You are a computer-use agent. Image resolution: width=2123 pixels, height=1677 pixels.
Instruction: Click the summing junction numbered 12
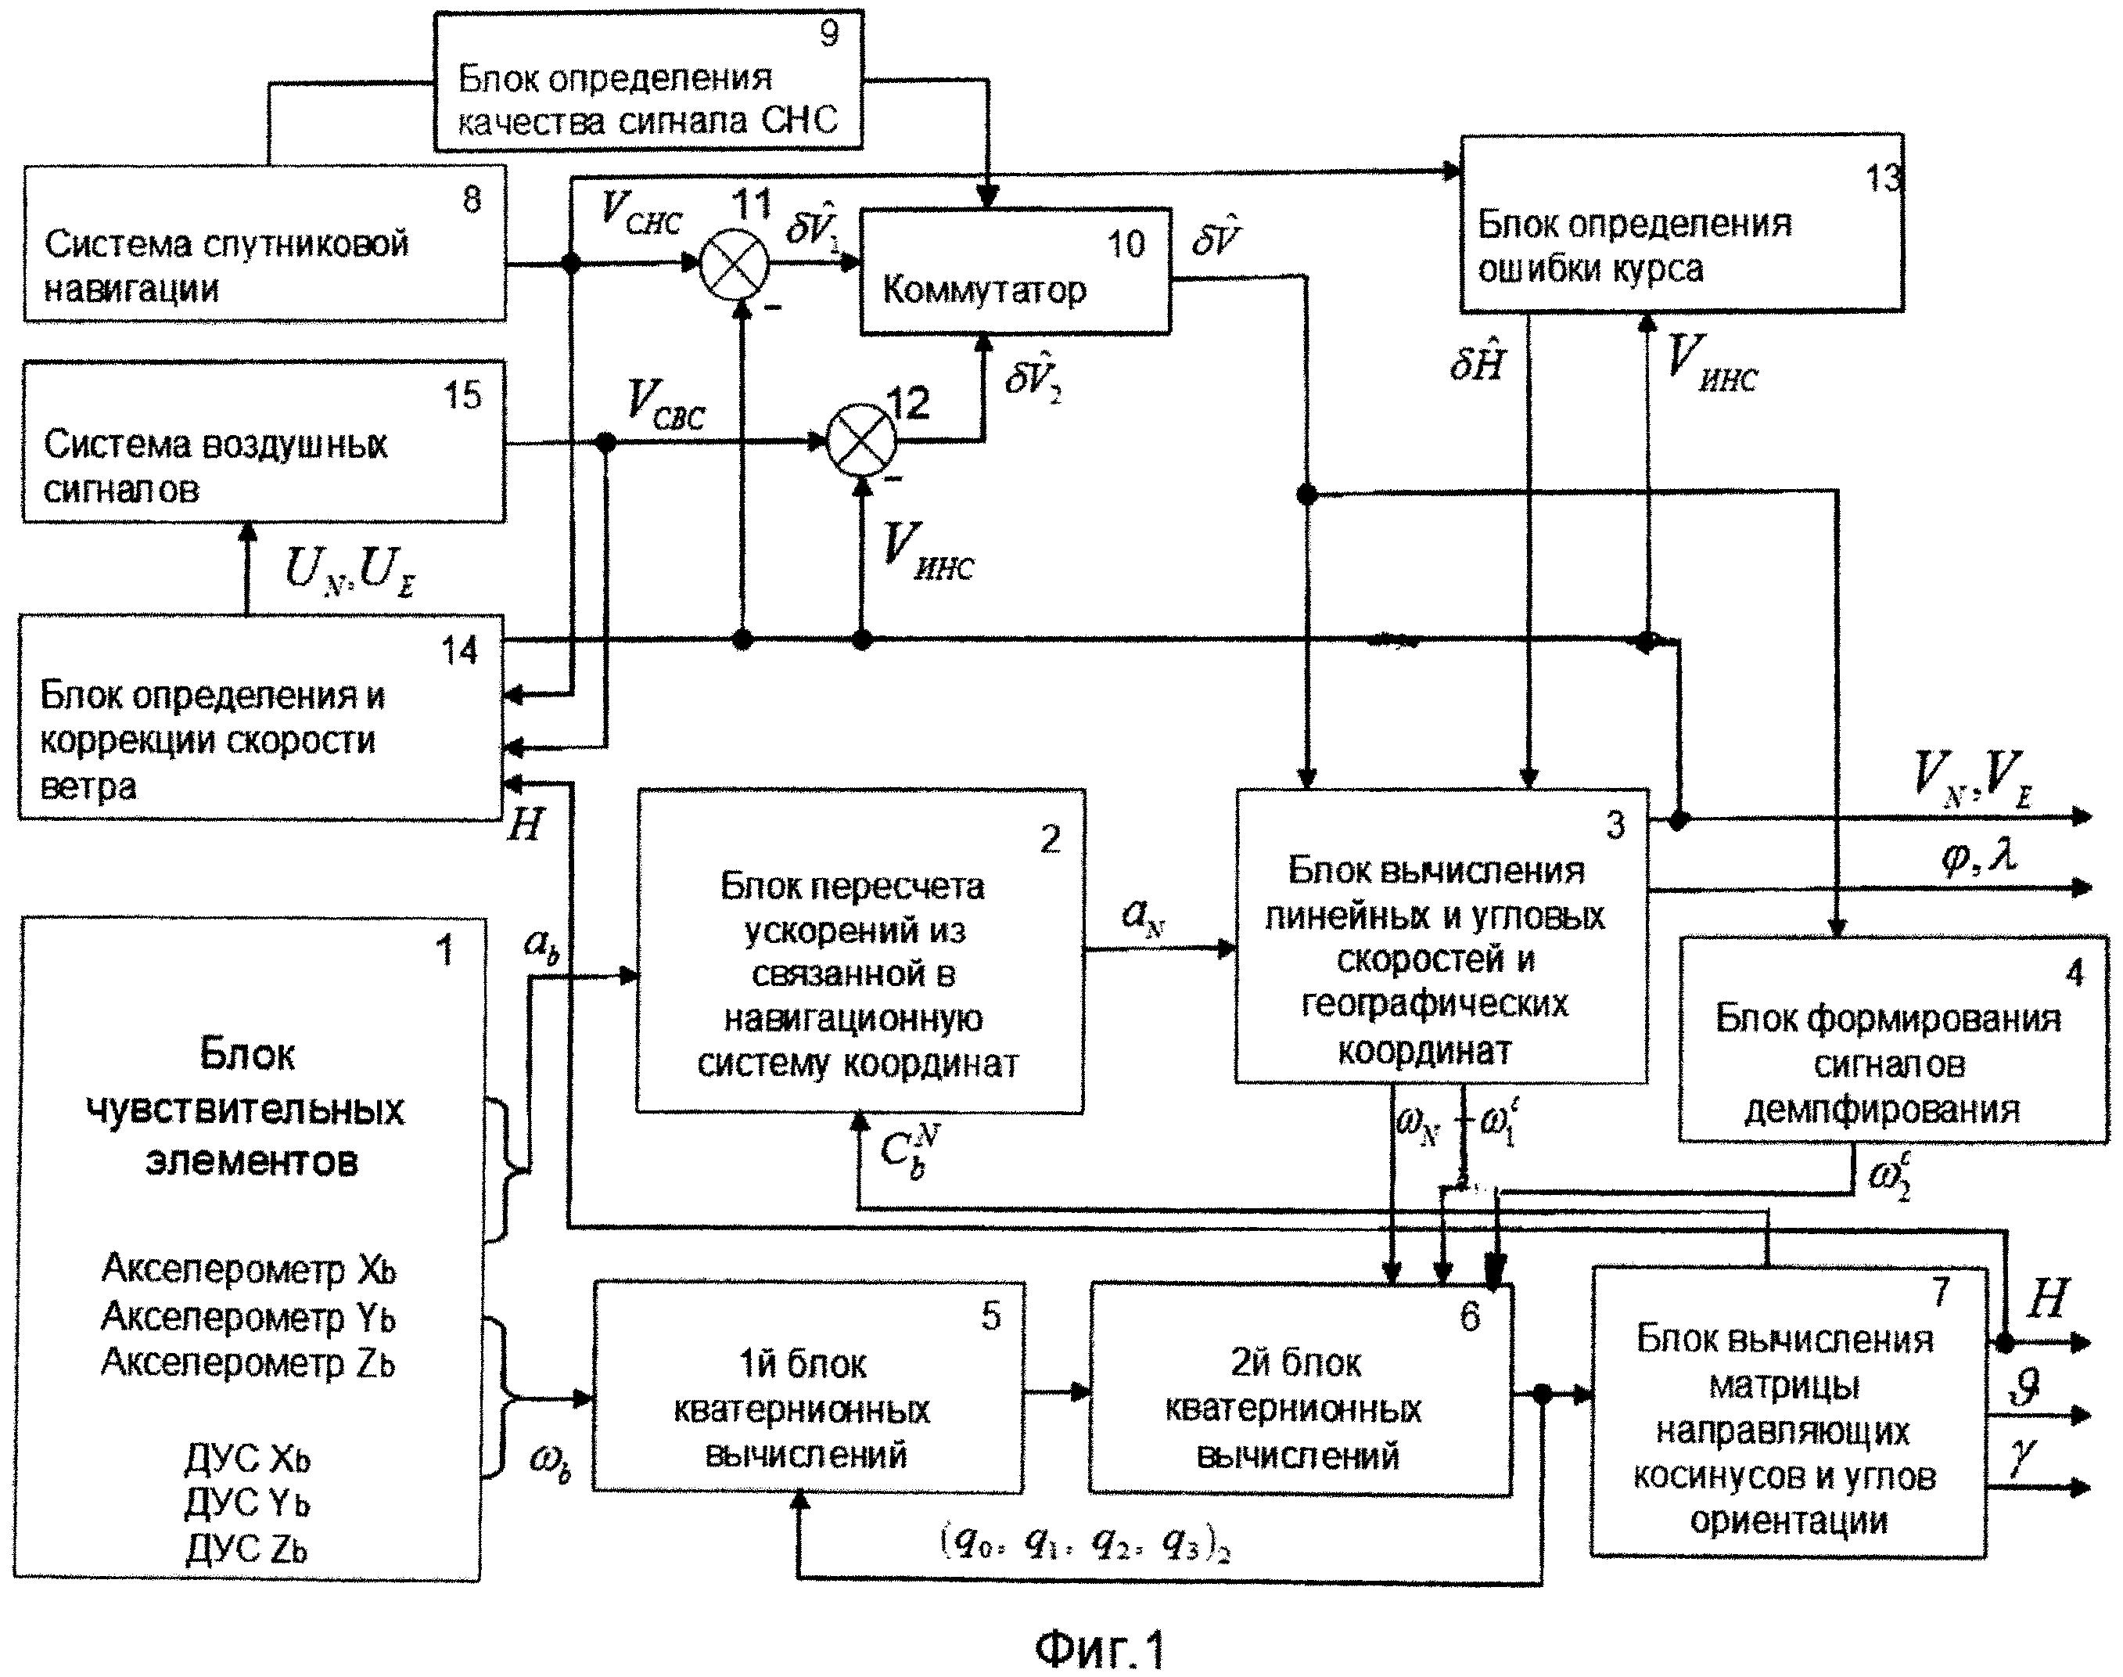click(x=860, y=441)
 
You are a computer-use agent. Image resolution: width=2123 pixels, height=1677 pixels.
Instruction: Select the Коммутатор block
click(x=1015, y=271)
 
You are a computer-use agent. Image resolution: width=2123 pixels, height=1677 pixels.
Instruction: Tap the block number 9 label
click(x=829, y=34)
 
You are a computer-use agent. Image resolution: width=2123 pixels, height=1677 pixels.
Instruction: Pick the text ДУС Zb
click(x=246, y=1549)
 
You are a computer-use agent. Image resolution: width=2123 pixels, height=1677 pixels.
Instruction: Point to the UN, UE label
click(x=348, y=570)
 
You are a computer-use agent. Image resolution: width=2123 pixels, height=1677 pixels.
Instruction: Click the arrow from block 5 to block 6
click(x=1056, y=1391)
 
